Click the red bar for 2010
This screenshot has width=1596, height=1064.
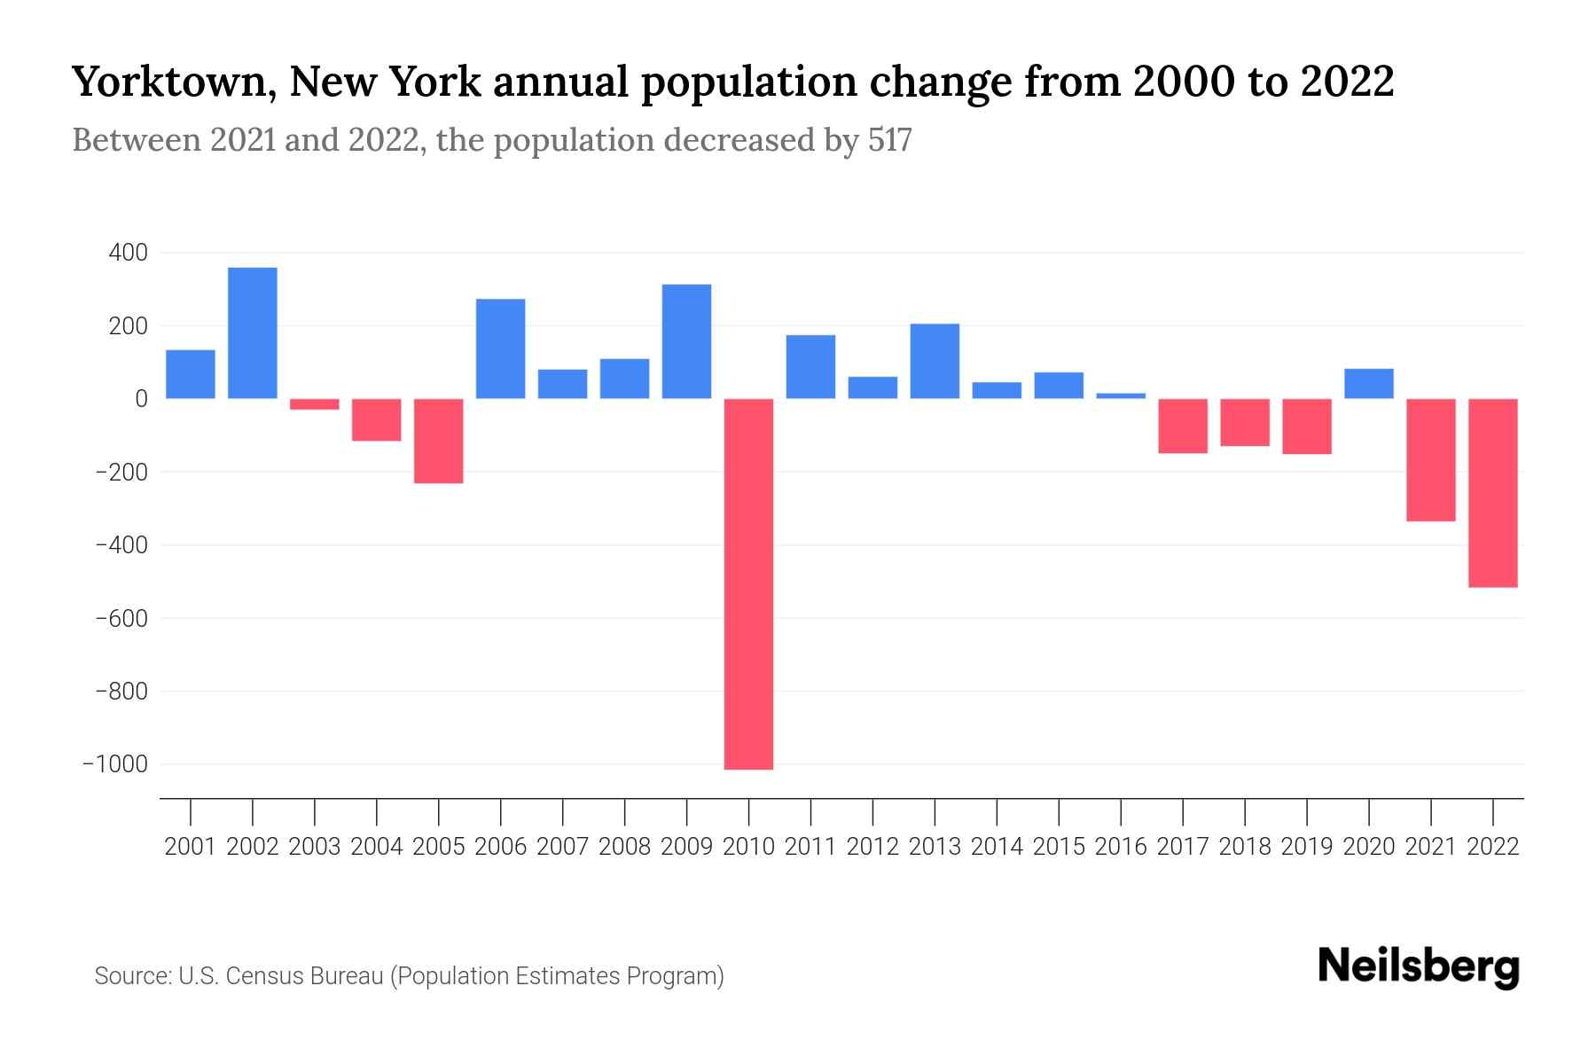click(x=748, y=583)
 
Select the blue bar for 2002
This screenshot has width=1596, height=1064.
click(x=253, y=333)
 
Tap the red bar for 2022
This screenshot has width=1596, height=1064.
click(x=1493, y=493)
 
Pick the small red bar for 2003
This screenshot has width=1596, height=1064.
click(x=315, y=404)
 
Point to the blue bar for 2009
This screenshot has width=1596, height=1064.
click(x=687, y=341)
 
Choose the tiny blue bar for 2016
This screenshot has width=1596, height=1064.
click(x=1121, y=395)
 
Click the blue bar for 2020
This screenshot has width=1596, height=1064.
click(x=1369, y=384)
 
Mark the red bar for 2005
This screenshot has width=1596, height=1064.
click(x=439, y=441)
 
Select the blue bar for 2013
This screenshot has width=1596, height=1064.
click(x=935, y=362)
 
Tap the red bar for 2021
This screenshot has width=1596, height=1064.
click(x=1431, y=459)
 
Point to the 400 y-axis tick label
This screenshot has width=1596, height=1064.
click(x=128, y=254)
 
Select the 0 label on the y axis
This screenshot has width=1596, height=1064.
click(x=141, y=399)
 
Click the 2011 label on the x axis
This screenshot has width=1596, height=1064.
click(x=810, y=847)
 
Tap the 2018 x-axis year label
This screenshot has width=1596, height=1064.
click(x=1245, y=847)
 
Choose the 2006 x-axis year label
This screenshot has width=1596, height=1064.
click(x=501, y=847)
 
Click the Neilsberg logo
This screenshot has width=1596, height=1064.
click(x=1419, y=968)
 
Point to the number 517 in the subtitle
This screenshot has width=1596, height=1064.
click(x=889, y=140)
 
